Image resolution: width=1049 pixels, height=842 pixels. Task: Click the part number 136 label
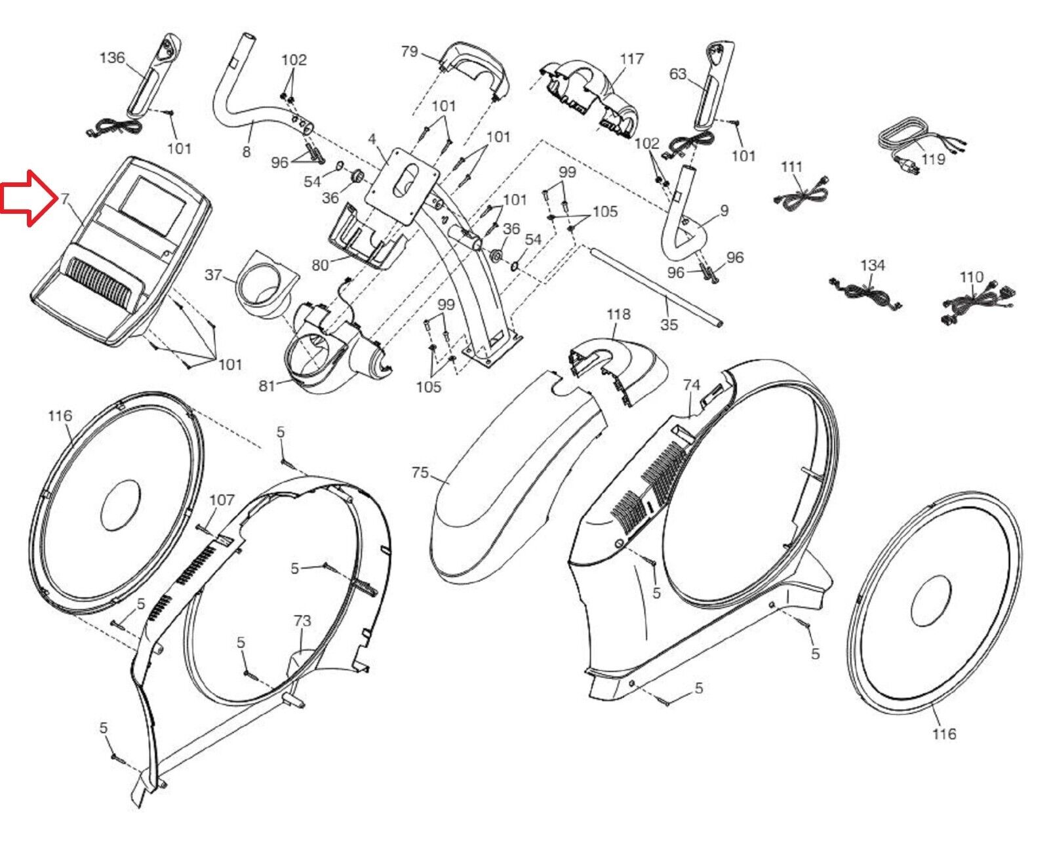(111, 58)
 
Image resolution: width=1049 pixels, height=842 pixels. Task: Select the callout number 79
(409, 51)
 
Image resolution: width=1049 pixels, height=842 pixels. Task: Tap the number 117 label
(632, 59)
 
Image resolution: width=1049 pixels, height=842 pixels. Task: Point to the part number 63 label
(678, 73)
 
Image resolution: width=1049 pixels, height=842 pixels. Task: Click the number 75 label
(420, 472)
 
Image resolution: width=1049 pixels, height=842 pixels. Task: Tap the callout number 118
(618, 314)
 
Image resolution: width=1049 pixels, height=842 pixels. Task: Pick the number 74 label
(692, 386)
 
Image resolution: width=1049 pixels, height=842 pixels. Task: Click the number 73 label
(302, 620)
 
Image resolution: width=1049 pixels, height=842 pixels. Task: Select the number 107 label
(222, 500)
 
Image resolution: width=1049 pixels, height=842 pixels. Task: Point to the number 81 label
(266, 386)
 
